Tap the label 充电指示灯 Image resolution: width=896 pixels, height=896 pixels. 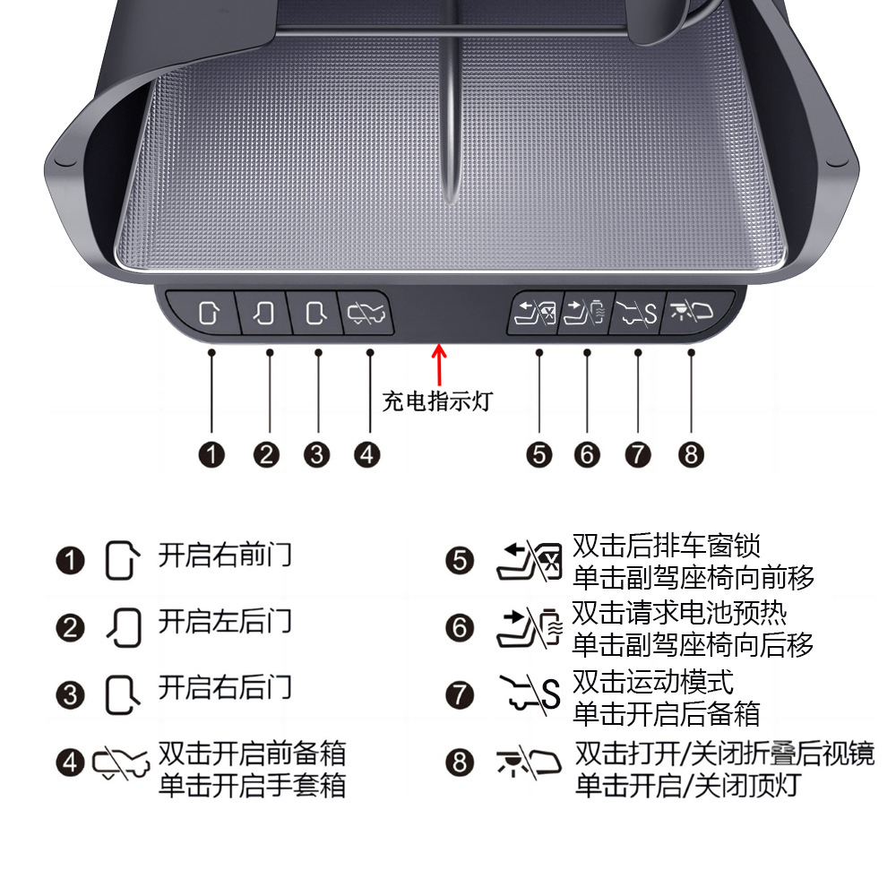(437, 401)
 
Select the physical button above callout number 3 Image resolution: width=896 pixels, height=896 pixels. (314, 314)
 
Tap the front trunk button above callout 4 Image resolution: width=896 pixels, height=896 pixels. (366, 314)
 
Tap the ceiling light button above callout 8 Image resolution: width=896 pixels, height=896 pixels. (695, 314)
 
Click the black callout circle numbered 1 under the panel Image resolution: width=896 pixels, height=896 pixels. (211, 454)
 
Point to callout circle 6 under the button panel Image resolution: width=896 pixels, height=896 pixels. (587, 454)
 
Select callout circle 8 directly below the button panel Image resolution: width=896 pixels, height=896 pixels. (690, 454)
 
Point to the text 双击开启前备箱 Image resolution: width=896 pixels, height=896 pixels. (252, 753)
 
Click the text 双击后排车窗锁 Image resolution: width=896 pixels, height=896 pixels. (667, 545)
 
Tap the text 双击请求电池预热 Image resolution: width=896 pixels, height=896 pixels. (680, 613)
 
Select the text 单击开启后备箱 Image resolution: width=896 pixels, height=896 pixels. (667, 714)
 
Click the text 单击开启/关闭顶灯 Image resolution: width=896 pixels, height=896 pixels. (686, 786)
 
